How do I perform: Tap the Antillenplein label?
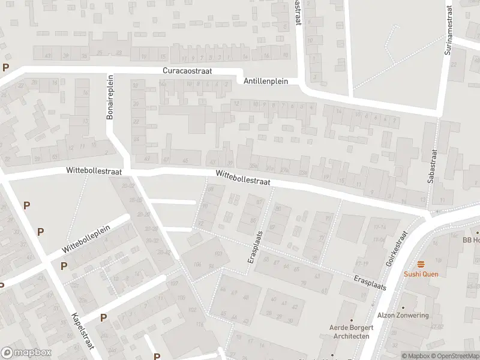coord(266,81)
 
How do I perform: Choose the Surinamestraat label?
coord(448,31)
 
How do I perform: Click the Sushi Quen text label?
coord(421,274)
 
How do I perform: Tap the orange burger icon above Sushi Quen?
coord(421,264)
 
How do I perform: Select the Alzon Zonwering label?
coord(403,316)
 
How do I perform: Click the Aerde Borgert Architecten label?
coord(351,332)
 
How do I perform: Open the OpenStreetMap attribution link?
coord(454,356)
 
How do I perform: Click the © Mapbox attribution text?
coord(416,356)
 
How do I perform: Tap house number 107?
coord(175,283)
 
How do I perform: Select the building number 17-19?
coord(361,263)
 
